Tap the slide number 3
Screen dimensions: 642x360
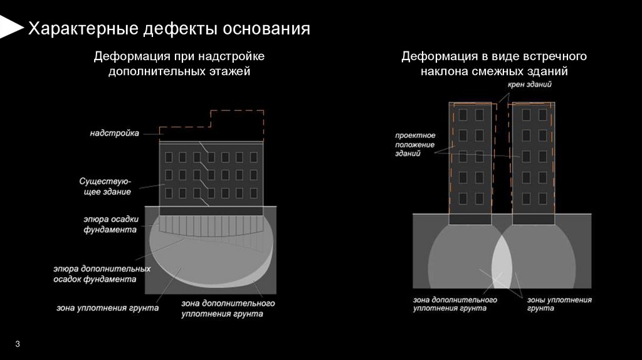(x=18, y=344)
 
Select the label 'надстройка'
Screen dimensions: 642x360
(x=114, y=133)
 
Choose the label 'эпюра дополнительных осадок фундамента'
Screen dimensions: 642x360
(x=101, y=273)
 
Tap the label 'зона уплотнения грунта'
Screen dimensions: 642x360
(x=107, y=308)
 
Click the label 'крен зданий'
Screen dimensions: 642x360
(x=530, y=84)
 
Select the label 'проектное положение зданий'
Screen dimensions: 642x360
(x=414, y=144)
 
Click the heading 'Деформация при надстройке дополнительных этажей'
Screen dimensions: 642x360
(x=179, y=64)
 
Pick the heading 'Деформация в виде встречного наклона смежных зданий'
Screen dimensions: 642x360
(x=494, y=64)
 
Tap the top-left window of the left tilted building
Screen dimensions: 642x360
(x=463, y=115)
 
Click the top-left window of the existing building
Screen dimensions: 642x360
(x=167, y=157)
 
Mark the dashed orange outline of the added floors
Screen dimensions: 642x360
(x=236, y=111)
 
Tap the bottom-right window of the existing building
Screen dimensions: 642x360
(x=251, y=192)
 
